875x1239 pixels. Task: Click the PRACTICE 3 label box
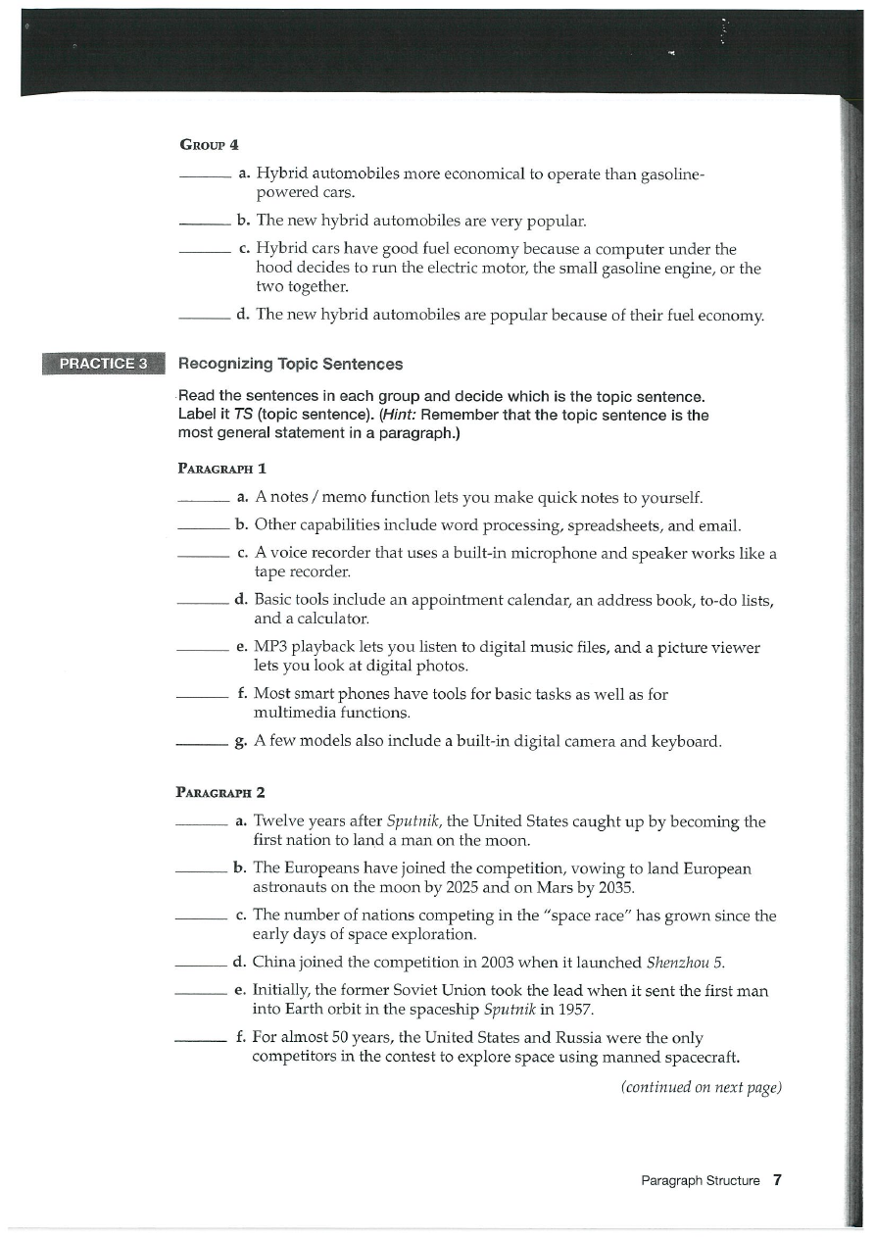[x=103, y=364]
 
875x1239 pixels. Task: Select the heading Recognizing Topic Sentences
[x=290, y=364]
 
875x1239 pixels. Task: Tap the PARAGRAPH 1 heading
[x=220, y=469]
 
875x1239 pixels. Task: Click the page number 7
[x=777, y=1180]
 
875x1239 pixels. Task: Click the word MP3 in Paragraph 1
[x=268, y=648]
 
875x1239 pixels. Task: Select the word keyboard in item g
[x=687, y=741]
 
